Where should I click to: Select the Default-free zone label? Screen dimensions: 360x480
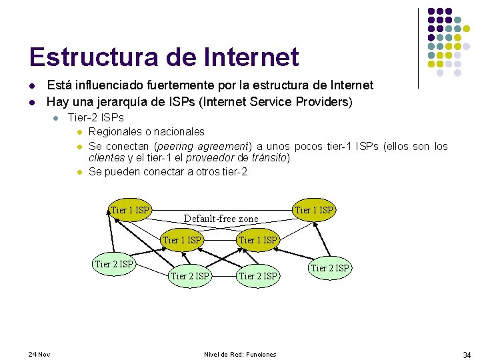click(x=221, y=219)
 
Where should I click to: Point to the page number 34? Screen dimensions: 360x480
click(x=467, y=355)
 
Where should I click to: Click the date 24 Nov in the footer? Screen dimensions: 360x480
click(x=40, y=354)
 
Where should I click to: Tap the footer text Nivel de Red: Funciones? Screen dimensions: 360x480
click(x=240, y=354)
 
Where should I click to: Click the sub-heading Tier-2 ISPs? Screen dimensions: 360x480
click(x=96, y=117)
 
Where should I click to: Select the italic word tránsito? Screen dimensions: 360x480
click(x=267, y=158)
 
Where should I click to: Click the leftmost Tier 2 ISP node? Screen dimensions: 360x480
click(x=115, y=264)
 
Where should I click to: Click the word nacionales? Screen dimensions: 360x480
click(x=180, y=131)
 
